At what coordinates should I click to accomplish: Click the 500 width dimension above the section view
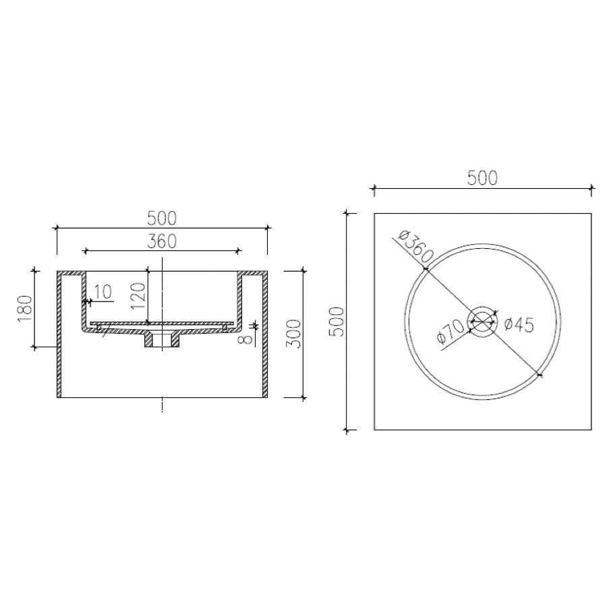point(162,219)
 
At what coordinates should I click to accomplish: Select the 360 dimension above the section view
point(162,241)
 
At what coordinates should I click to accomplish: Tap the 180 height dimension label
point(24,308)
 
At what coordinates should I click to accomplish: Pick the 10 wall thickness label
point(103,292)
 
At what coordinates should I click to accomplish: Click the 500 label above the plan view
point(482,178)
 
